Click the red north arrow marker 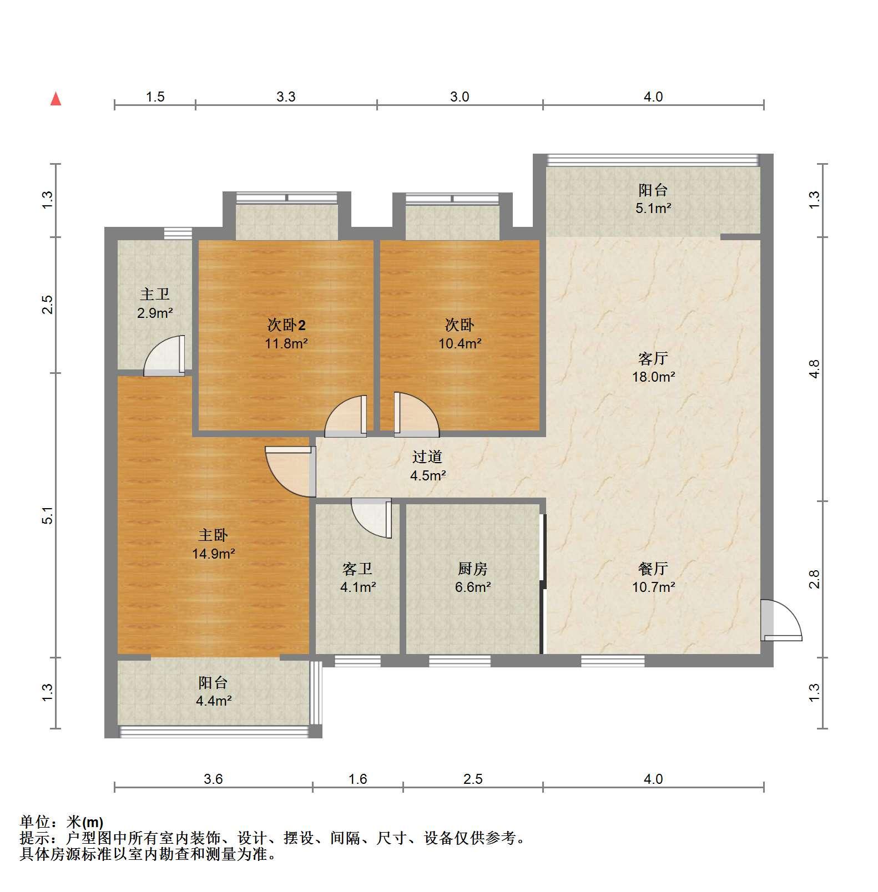coord(55,99)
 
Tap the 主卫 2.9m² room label coord(155,303)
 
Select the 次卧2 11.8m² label coord(286,333)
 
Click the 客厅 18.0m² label coord(653,367)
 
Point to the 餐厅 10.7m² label coord(653,577)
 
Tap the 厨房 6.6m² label coord(473,577)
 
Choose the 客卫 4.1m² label coord(358,577)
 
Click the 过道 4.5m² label coord(428,466)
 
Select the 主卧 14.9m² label coord(214,544)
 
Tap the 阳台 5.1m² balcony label coord(653,199)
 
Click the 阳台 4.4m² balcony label coord(214,691)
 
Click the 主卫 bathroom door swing coord(164,356)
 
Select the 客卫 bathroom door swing coord(371,518)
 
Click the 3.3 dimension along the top coord(286,97)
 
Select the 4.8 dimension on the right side coord(814,369)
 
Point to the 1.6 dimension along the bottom coord(358,779)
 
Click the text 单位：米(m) coord(61,822)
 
